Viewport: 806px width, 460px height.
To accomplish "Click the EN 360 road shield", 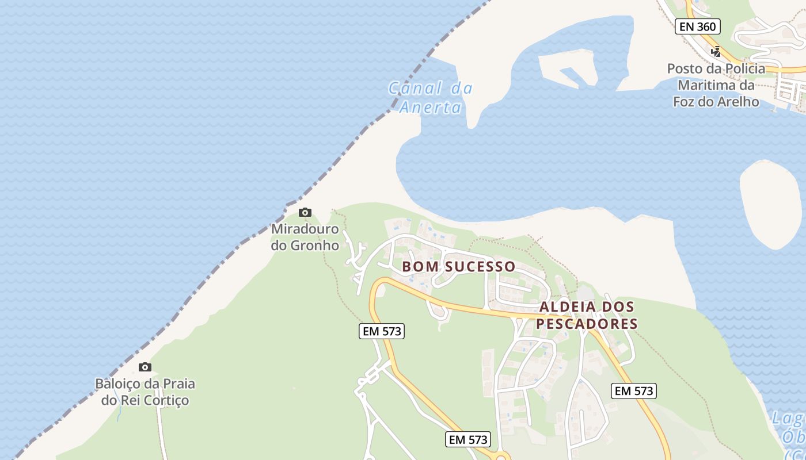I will [698, 26].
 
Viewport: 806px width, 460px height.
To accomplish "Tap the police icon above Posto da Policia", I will [716, 51].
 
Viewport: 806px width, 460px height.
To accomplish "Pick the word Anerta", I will [430, 108].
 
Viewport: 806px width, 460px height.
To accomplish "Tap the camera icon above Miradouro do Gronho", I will [305, 213].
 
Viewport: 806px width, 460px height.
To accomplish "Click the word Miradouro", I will [305, 229].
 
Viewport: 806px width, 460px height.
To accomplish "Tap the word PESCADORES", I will [587, 324].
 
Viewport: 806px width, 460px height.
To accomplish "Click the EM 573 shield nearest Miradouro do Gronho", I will [381, 331].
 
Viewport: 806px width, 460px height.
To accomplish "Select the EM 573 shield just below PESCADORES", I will [634, 391].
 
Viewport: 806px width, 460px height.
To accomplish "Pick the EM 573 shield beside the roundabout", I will [468, 440].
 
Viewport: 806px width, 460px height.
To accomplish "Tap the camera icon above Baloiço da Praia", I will [145, 367].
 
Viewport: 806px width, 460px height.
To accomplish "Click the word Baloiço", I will [120, 384].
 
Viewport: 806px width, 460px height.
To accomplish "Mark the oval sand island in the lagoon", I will [771, 204].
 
